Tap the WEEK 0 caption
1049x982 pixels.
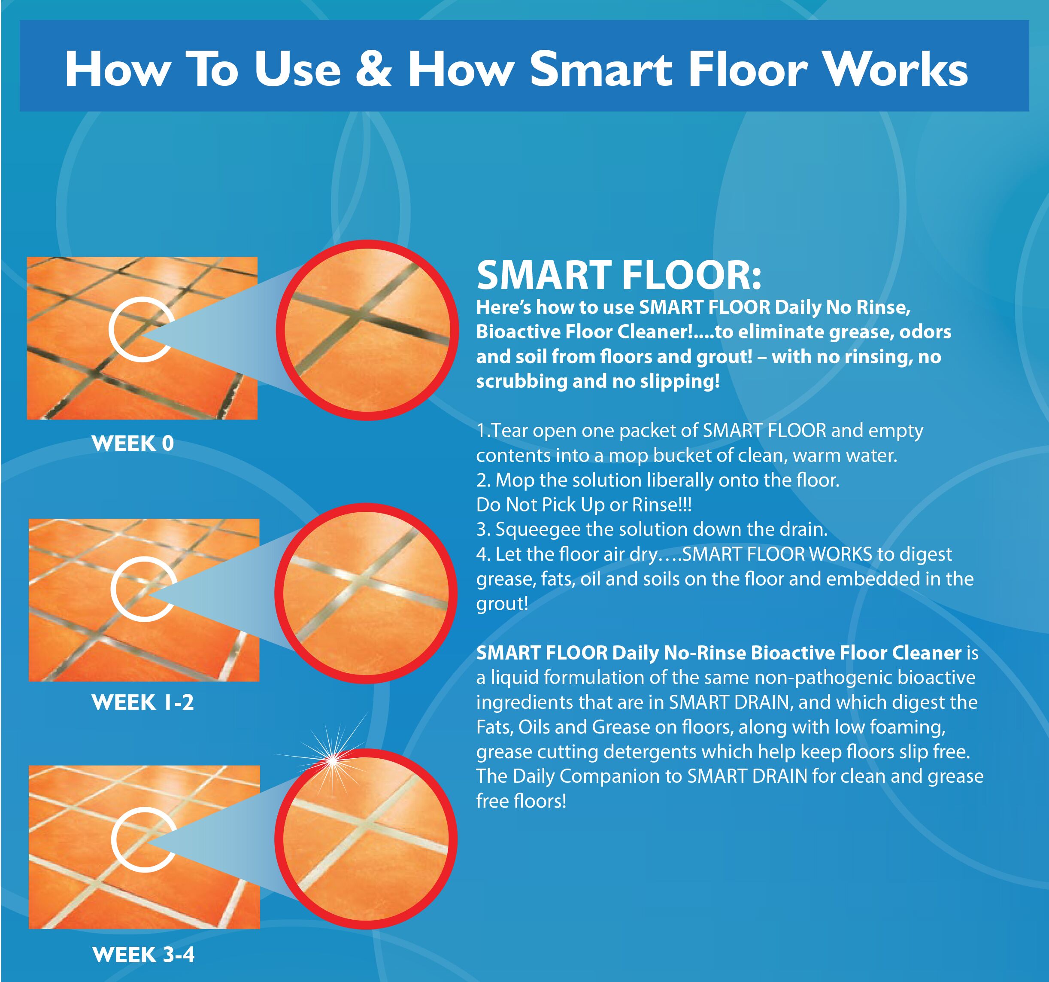(x=133, y=444)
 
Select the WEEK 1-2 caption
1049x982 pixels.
(x=142, y=702)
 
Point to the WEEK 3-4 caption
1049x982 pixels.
(x=143, y=955)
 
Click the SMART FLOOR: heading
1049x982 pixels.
(x=618, y=276)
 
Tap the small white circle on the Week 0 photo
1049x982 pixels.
(x=141, y=329)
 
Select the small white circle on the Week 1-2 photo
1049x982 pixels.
(x=143, y=589)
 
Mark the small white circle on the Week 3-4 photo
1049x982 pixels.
(x=143, y=839)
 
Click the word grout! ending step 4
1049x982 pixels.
(x=502, y=603)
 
